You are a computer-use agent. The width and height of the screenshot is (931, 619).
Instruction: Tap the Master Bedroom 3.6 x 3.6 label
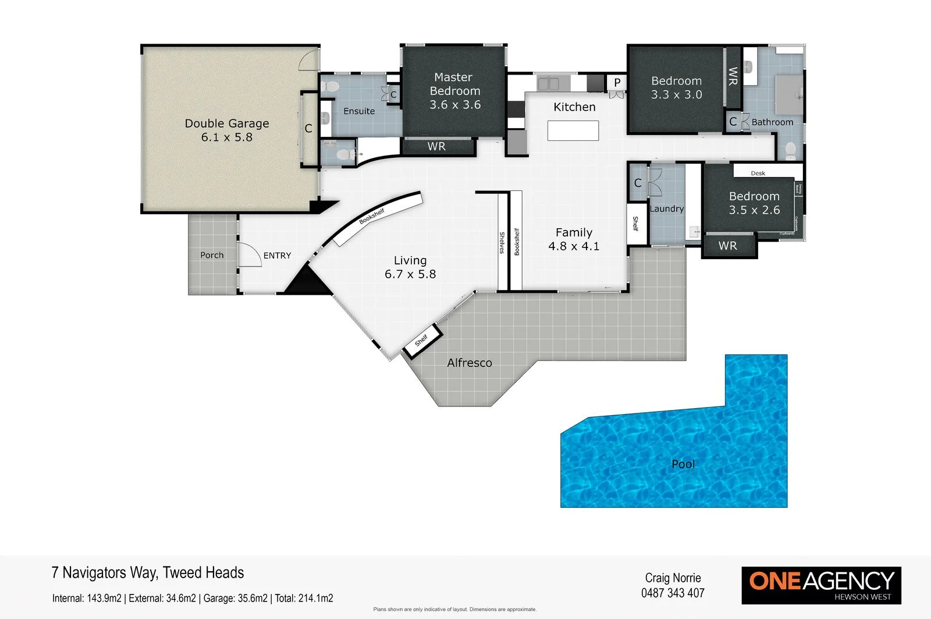454,91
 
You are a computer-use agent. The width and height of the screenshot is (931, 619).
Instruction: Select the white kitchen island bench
573,130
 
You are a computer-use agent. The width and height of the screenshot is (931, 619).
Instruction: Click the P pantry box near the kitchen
617,83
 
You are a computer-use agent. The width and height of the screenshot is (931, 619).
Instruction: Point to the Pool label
683,464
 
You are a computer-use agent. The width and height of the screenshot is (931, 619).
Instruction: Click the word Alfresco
469,363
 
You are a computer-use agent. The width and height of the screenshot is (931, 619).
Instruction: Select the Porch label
212,255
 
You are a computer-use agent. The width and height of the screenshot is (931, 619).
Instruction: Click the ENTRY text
277,256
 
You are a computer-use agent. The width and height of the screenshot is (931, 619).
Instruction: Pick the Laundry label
667,208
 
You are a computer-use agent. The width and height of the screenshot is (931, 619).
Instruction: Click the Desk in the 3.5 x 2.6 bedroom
758,172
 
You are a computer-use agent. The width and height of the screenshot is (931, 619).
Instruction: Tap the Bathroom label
772,122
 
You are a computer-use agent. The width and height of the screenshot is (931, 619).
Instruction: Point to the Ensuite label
359,111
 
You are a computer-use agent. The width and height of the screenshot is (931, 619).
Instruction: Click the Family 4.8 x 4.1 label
574,239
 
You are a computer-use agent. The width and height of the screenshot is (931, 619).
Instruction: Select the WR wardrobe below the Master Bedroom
436,147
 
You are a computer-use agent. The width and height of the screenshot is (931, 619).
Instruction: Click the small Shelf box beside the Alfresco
422,339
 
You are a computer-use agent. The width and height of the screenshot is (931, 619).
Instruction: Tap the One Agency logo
821,585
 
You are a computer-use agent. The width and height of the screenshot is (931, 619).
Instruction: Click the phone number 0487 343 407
673,593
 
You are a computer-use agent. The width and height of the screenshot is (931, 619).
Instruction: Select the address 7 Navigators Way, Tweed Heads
148,572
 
